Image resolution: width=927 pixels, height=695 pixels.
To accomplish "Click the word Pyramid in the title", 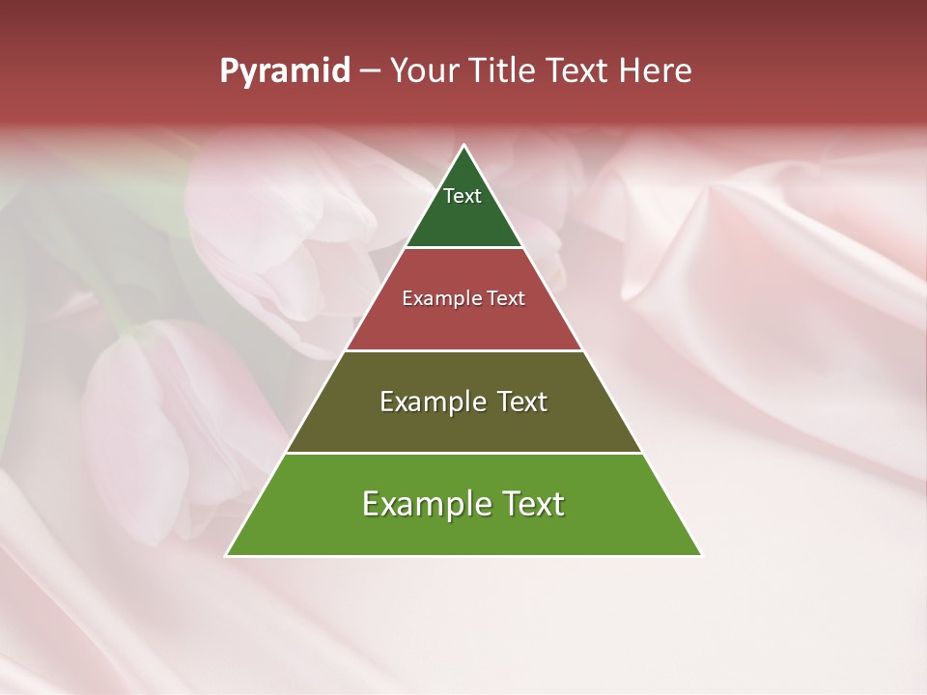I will [285, 71].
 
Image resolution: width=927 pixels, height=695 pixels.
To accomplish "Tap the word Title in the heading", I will [504, 70].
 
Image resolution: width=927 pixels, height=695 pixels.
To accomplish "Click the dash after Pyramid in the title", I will [370, 71].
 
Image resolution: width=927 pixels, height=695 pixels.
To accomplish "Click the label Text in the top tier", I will [463, 196].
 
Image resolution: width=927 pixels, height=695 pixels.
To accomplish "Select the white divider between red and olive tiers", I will [463, 350].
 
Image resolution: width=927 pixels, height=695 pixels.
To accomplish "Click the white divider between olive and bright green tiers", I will [463, 453].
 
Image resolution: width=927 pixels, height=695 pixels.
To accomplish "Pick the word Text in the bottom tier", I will [532, 504].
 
